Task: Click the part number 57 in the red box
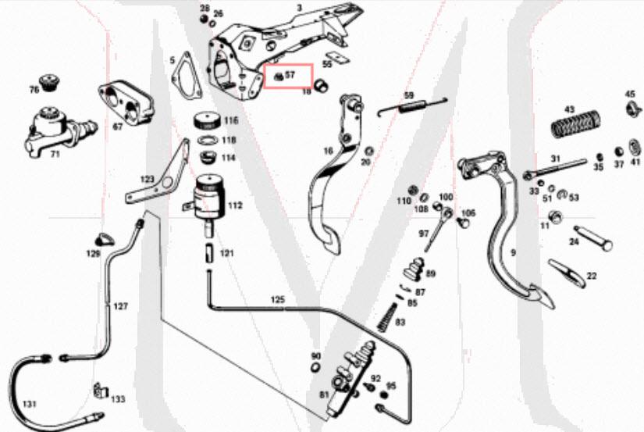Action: (x=290, y=76)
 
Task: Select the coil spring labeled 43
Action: (x=574, y=125)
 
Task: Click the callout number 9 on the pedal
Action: (x=513, y=252)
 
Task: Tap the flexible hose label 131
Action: (x=29, y=404)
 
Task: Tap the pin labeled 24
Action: (x=592, y=237)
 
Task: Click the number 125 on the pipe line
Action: (x=279, y=299)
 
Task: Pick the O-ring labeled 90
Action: (x=315, y=368)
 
